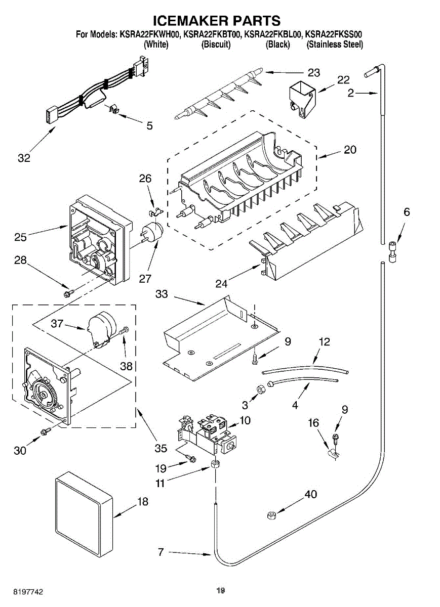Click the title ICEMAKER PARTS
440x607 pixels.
(x=217, y=21)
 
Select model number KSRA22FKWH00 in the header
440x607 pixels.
(x=150, y=35)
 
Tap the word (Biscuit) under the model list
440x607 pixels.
(x=216, y=45)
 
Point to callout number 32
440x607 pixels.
(x=24, y=158)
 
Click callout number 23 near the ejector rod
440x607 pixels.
(x=314, y=73)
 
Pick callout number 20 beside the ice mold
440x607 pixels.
(x=350, y=150)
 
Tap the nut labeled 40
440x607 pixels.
(x=271, y=515)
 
